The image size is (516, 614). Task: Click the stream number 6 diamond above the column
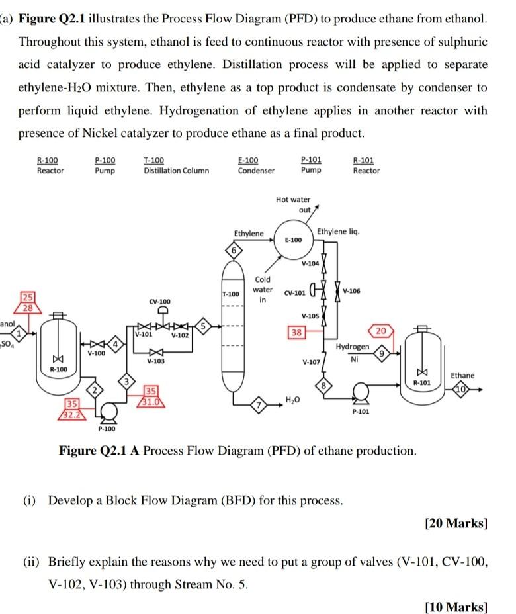pyautogui.click(x=233, y=251)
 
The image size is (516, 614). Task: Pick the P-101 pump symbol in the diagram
pyautogui.click(x=361, y=396)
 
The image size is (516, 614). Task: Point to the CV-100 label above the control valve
pyautogui.click(x=160, y=301)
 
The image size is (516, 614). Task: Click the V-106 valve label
pyautogui.click(x=355, y=292)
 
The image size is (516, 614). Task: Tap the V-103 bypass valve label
pyautogui.click(x=157, y=361)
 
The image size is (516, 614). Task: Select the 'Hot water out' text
pyautogui.click(x=293, y=204)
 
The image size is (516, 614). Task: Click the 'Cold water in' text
pyautogui.click(x=263, y=289)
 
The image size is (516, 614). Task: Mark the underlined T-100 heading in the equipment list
pyautogui.click(x=154, y=160)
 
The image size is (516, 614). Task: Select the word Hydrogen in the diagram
pyautogui.click(x=353, y=347)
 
